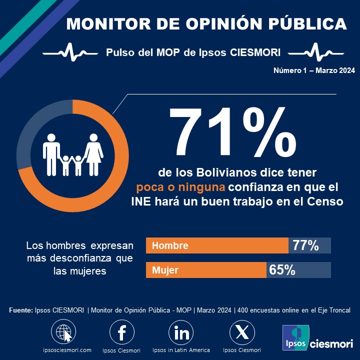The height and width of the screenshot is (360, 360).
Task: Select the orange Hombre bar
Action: tap(217, 245)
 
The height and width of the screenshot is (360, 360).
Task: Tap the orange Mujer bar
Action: tap(206, 270)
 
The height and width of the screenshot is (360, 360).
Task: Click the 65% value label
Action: tap(282, 270)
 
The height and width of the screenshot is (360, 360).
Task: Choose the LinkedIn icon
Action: tap(181, 332)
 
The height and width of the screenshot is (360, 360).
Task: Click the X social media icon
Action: tap(241, 332)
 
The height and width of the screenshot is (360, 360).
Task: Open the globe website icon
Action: tap(64, 332)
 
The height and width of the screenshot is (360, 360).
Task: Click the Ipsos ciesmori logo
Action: tap(318, 339)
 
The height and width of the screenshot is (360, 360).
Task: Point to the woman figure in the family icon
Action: tap(93, 153)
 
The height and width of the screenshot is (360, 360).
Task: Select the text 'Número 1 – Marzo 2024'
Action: tap(314, 71)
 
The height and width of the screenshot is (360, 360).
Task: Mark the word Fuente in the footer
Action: tap(20, 310)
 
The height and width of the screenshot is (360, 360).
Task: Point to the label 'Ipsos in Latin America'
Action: tap(181, 350)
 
